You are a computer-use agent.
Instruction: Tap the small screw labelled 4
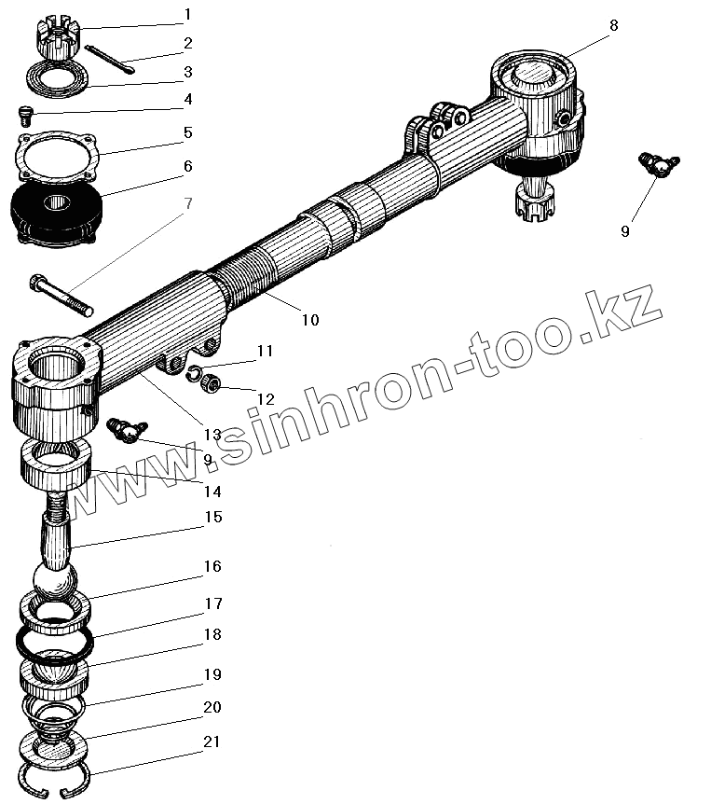click(26, 115)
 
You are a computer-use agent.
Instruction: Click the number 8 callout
click(613, 26)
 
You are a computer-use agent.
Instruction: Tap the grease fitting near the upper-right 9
click(659, 166)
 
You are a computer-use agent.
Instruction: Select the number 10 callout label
click(309, 319)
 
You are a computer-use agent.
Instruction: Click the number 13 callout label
click(212, 434)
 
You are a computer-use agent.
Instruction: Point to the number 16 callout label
click(212, 566)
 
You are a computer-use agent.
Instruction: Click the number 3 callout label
click(187, 71)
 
